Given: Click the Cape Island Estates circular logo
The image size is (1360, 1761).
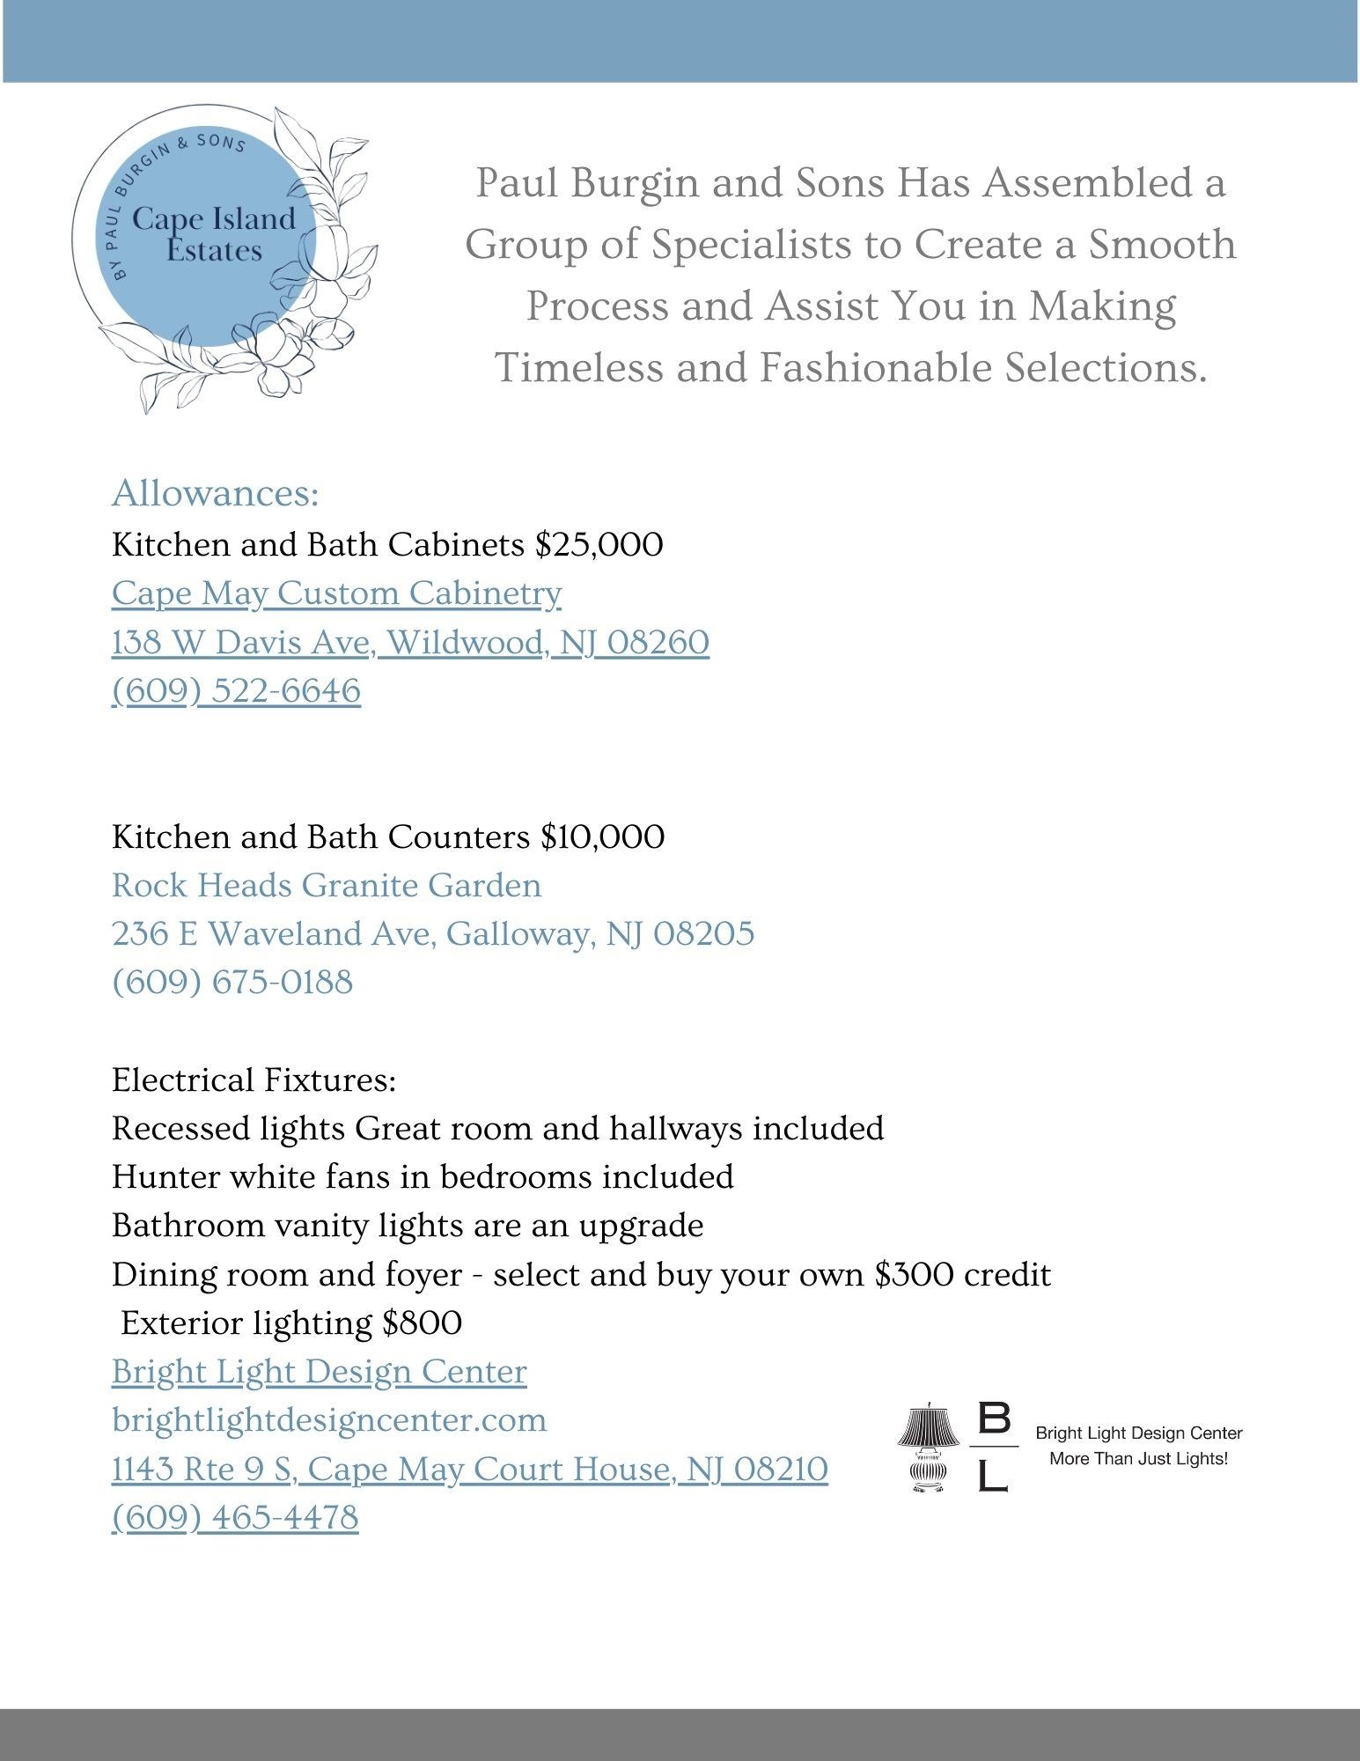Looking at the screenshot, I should pos(216,242).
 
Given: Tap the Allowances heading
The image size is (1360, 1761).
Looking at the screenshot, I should pos(215,494).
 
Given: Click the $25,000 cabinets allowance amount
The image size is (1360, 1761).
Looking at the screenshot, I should pos(599,545).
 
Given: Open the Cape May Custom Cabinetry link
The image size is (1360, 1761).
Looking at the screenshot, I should pos(336,593).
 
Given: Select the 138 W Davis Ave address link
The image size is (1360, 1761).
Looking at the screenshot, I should pos(410,643).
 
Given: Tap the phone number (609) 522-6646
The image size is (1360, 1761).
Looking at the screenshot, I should pos(236,691).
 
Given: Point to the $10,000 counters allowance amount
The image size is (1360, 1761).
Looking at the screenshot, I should pos(602,836).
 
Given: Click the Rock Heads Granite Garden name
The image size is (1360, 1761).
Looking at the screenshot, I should pos(327,885).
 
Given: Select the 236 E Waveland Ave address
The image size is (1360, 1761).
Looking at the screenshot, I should pos(432,933).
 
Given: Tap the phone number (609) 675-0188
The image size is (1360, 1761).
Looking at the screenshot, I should pos(232,982).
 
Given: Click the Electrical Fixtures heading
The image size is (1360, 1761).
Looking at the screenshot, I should pos(254,1080).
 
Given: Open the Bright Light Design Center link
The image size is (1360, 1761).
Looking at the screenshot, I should pos(320,1372).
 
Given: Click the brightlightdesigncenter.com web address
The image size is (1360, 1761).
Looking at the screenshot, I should pos(329,1420).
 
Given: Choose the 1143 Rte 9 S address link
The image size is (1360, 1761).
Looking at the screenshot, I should pos(469,1470).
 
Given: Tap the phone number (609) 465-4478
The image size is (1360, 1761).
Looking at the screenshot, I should pos(235,1518).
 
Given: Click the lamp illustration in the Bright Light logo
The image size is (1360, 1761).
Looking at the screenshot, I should pos(928,1448).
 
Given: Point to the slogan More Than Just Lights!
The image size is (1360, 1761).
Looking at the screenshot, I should pos(1138,1459).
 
